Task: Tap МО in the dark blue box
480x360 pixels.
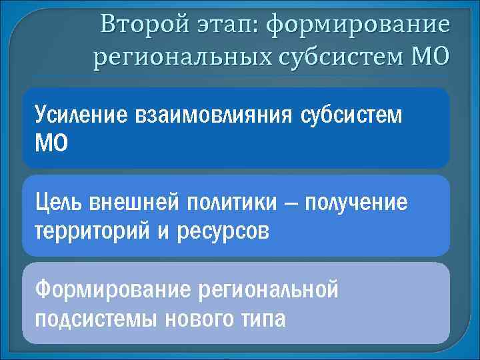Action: (x=51, y=143)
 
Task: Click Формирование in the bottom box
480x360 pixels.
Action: (x=113, y=290)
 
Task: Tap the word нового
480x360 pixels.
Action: (x=195, y=319)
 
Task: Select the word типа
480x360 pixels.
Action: (x=263, y=319)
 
